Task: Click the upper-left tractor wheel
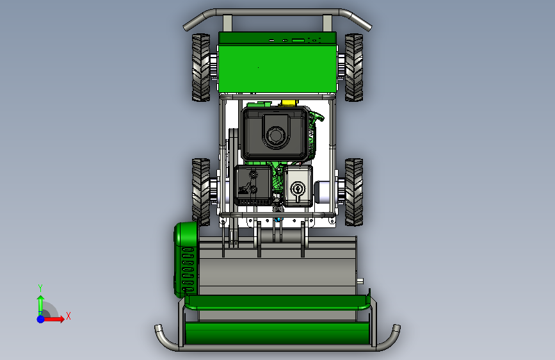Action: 201,67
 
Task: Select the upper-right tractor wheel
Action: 354,67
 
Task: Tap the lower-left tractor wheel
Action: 201,192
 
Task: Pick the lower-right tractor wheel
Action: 354,192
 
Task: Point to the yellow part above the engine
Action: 288,103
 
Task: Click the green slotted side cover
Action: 186,259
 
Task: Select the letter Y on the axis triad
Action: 40,288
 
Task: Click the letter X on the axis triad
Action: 68,316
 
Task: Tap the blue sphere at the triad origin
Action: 41,319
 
